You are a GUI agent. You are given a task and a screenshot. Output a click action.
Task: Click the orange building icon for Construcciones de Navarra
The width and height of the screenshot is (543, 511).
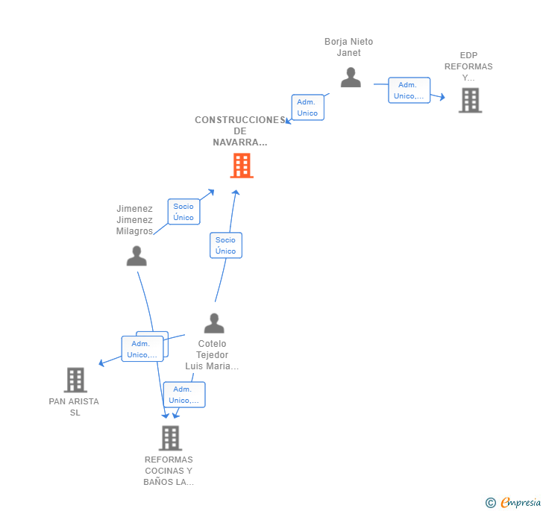242,166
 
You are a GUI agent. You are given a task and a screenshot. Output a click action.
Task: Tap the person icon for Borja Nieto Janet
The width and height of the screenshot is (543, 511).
351,77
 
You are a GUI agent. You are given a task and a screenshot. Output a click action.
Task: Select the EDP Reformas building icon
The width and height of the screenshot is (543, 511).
470,100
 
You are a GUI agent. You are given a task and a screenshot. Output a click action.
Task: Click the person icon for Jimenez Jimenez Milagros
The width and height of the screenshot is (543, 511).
136,256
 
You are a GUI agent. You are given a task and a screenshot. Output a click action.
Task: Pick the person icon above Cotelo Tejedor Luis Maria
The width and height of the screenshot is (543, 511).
214,323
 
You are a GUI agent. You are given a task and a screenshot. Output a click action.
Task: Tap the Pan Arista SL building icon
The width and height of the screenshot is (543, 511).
75,380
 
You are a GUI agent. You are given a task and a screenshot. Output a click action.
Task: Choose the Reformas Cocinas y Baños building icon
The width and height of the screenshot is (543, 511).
170,438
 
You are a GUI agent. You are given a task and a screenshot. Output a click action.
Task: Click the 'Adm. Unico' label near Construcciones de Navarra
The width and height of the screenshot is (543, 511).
307,107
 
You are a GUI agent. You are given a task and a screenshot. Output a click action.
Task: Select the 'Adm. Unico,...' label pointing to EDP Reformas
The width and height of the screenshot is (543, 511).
409,90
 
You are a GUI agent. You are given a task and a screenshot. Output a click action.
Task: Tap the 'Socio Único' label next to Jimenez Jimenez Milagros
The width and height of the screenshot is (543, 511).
183,212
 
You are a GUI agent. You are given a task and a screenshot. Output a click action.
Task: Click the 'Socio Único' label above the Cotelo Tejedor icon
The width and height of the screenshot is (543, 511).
225,245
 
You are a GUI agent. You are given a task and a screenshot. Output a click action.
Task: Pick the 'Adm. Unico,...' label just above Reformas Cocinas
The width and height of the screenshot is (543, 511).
183,395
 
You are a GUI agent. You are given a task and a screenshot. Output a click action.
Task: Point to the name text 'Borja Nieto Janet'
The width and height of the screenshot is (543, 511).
348,47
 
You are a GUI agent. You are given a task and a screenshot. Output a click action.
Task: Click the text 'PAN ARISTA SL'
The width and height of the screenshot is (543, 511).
74,407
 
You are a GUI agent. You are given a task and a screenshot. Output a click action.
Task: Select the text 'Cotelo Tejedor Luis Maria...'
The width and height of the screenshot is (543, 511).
213,355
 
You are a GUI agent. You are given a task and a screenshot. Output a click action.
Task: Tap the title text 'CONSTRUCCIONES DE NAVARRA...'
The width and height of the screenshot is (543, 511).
239,131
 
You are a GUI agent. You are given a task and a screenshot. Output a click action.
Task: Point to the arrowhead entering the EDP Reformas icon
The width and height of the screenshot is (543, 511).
442,97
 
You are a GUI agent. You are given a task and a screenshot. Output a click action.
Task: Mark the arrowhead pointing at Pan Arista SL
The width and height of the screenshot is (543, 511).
101,363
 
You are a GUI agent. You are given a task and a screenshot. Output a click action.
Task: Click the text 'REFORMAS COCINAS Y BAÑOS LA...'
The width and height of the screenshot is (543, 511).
169,471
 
